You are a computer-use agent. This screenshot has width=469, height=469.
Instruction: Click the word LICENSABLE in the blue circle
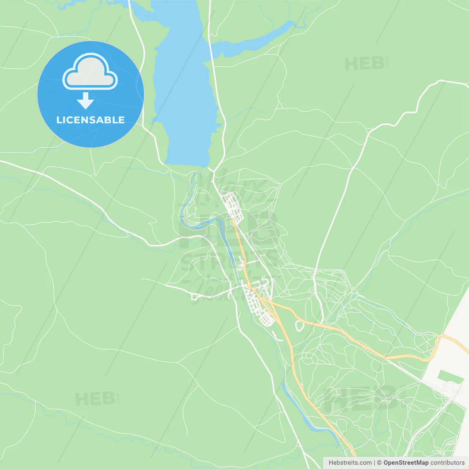coord(90,120)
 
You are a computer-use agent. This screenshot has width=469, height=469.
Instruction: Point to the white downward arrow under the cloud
coord(85,101)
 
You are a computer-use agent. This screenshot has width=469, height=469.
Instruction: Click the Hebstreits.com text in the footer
coord(350,463)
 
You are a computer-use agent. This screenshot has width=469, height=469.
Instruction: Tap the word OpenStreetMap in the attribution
coord(406,463)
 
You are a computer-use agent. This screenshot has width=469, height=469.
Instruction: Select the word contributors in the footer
coord(447,463)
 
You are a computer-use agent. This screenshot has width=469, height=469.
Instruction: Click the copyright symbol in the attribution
coord(380,463)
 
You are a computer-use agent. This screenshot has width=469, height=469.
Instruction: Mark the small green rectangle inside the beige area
coord(450,376)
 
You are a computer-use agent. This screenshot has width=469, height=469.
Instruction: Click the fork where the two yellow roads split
coord(270,301)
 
